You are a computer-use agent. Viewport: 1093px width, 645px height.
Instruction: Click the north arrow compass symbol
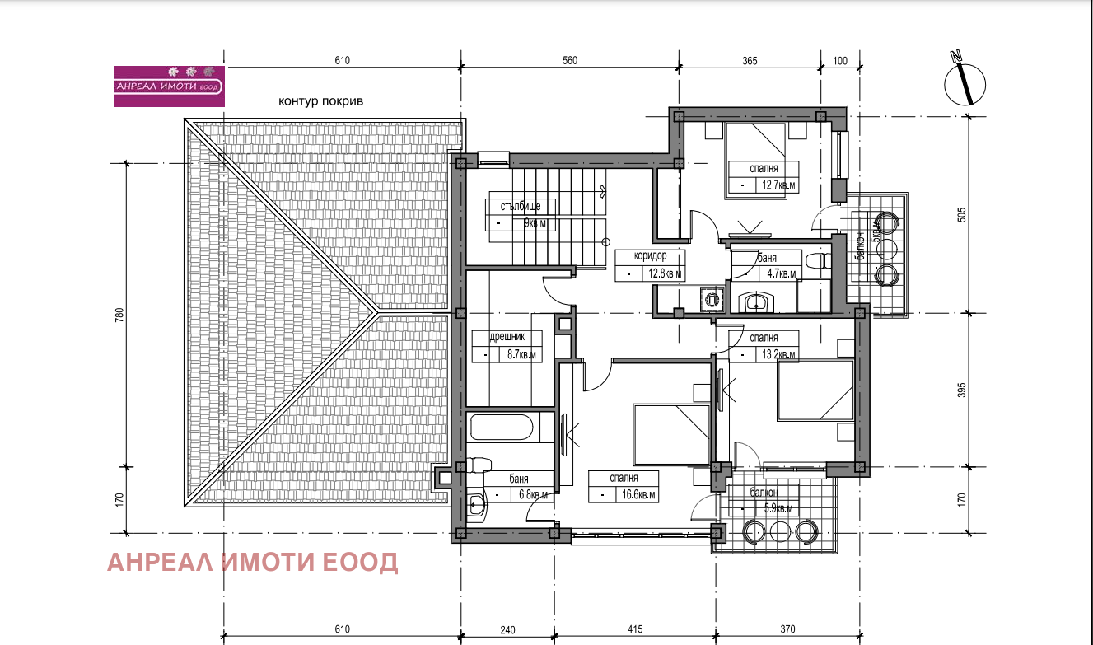pos(965,84)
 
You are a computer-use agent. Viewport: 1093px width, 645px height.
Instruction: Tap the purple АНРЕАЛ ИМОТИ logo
pos(169,86)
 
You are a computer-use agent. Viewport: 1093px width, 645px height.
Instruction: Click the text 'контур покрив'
pos(320,101)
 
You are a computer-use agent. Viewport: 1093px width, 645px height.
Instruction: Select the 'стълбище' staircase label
pos(521,207)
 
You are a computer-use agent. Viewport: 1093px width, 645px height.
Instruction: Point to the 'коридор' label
pos(650,255)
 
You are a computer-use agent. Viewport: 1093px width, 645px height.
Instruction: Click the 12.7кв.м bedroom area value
pos(778,185)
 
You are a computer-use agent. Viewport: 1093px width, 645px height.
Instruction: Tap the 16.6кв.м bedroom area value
pos(638,495)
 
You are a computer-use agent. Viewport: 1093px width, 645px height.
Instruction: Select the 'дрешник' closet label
pos(507,336)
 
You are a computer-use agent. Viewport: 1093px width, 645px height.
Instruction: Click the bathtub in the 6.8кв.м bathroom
pos(501,428)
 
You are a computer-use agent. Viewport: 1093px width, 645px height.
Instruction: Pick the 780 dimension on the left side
pos(119,315)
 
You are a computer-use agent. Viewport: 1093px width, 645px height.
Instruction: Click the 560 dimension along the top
pos(569,60)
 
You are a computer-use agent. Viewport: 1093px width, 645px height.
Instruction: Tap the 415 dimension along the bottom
pos(635,629)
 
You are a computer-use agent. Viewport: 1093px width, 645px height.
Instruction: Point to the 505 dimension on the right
pos(961,215)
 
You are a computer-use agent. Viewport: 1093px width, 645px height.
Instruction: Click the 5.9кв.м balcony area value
pos(778,508)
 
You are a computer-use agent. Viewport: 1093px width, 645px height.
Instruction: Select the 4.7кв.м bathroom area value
pos(781,273)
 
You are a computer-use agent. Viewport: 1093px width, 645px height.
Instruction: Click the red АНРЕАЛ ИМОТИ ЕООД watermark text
pos(252,562)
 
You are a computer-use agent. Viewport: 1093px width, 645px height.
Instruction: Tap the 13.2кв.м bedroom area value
pos(778,355)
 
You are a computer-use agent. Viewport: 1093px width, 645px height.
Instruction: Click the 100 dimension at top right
pos(840,61)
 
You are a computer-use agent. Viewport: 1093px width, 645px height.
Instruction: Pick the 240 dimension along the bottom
pos(507,630)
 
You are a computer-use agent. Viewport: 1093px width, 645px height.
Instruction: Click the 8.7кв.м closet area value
pos(521,355)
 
